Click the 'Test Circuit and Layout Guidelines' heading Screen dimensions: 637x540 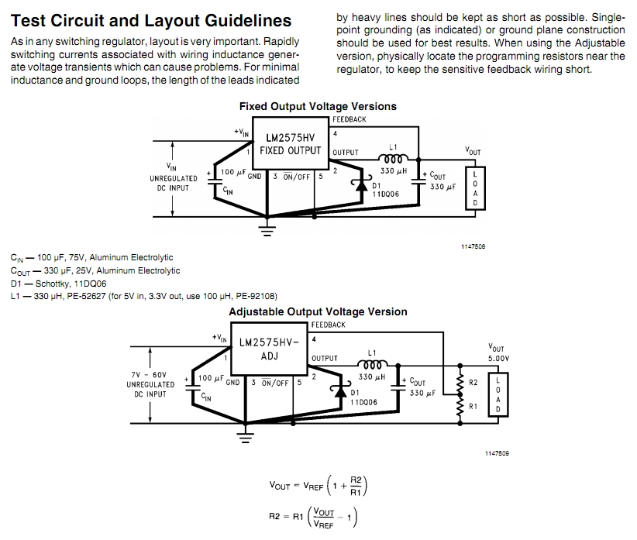[150, 20]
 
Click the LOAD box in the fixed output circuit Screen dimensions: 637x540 [475, 188]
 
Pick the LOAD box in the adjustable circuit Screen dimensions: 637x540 [498, 394]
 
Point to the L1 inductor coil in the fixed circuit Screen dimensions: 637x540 [393, 158]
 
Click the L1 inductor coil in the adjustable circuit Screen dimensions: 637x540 [372, 364]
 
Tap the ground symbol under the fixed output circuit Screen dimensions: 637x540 [267, 229]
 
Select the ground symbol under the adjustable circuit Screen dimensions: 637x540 [245, 436]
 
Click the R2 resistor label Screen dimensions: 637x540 [473, 383]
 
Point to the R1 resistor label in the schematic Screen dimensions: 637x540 [473, 407]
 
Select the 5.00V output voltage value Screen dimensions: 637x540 [498, 359]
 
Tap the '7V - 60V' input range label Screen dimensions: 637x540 [149, 375]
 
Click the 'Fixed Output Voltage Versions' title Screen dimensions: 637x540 [318, 106]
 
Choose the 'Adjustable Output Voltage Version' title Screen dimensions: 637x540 [318, 311]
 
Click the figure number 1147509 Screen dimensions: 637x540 [497, 453]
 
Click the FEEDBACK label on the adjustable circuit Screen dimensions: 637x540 [329, 325]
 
